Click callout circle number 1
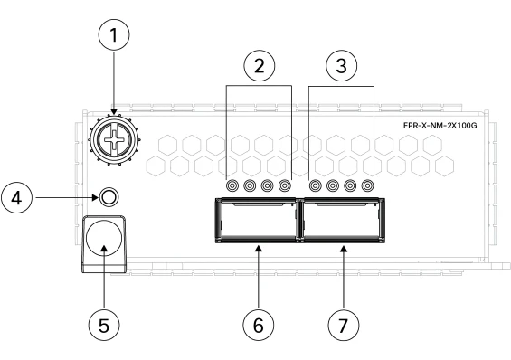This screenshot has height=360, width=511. [114, 34]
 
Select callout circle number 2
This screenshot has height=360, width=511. [259, 66]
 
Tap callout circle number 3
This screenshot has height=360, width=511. [341, 66]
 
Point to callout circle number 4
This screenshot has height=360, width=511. [17, 198]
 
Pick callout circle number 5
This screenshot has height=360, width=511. [104, 325]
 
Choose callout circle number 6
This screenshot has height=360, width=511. [259, 325]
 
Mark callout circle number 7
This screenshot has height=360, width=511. [344, 325]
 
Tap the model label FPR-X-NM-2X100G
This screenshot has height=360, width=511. [440, 126]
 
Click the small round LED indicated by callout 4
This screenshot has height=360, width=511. [109, 197]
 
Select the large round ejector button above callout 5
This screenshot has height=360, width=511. [104, 238]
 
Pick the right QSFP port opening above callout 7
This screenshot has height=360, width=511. [342, 220]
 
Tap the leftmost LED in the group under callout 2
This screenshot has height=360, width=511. [232, 185]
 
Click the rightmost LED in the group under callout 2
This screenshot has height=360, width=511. [285, 185]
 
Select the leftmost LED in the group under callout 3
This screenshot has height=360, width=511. [315, 185]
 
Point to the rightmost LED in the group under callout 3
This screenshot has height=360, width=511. [367, 185]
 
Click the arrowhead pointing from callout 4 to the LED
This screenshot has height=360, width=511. [95, 197]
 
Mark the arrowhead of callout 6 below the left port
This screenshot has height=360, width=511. [259, 249]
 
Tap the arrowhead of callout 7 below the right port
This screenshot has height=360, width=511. [344, 249]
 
